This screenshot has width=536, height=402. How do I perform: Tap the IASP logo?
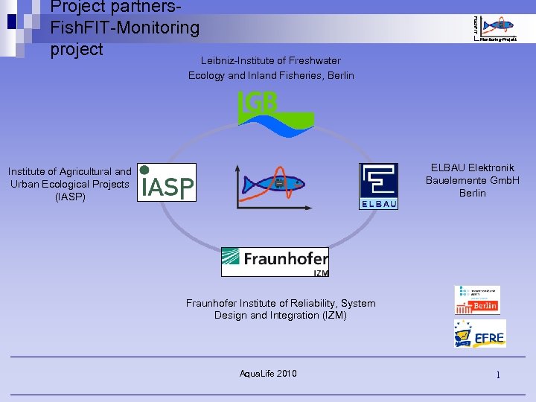click(167, 182)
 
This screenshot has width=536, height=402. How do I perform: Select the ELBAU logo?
click(378, 186)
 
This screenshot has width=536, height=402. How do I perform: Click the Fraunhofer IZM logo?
click(275, 262)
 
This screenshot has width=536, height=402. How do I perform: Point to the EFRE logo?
click(480, 334)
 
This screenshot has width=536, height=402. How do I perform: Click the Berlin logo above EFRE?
click(477, 299)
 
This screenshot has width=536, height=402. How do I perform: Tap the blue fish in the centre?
click(275, 182)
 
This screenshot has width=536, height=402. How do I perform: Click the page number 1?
click(499, 374)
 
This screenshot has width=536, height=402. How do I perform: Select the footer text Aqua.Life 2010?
click(268, 373)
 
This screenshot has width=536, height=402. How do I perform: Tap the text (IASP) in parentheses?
click(71, 197)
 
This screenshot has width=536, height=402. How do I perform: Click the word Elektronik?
click(488, 167)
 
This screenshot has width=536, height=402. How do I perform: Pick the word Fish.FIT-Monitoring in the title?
click(124, 28)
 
